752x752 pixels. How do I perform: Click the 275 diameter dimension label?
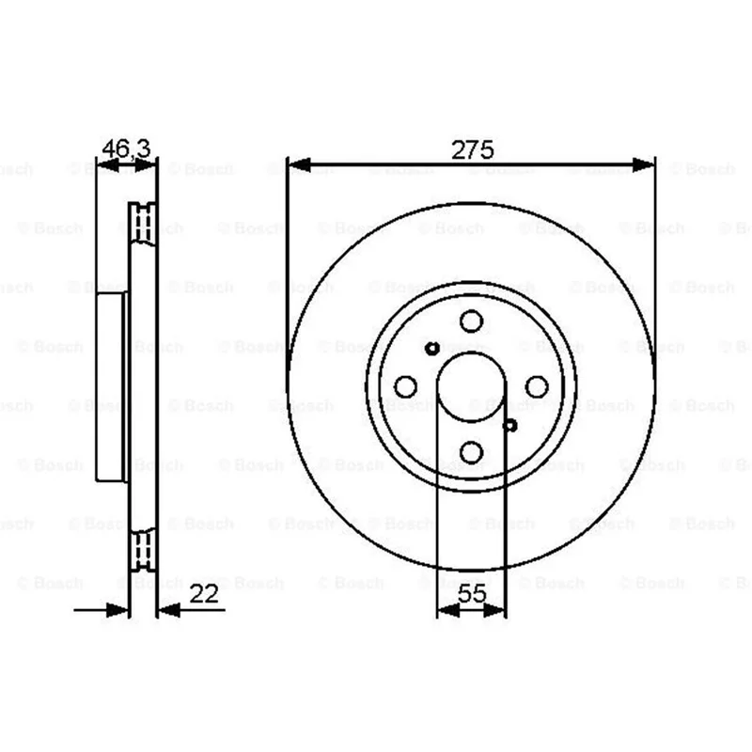(x=473, y=150)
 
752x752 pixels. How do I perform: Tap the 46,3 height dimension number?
(x=127, y=149)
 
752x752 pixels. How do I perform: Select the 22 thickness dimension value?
(x=204, y=594)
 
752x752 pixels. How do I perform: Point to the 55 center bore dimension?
(x=472, y=594)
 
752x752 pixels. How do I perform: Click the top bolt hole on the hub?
(x=471, y=321)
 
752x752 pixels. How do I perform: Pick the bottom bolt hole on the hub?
(x=471, y=452)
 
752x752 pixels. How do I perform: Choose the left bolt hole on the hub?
(x=405, y=386)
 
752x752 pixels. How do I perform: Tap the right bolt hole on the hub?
(x=537, y=386)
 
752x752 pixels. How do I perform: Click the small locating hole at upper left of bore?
(x=432, y=349)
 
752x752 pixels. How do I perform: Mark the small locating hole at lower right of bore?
(x=509, y=425)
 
